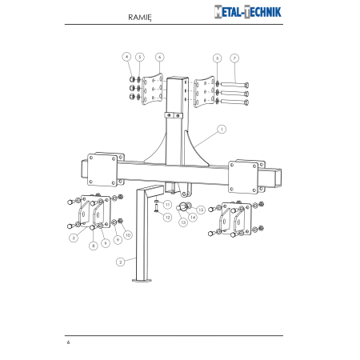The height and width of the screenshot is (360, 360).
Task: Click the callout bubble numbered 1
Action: coord(222,130)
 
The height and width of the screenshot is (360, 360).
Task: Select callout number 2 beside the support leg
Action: coord(120,262)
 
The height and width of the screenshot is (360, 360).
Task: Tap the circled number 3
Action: coord(74,238)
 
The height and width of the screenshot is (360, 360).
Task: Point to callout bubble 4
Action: coord(126,57)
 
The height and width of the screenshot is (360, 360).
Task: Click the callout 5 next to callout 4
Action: coord(140,57)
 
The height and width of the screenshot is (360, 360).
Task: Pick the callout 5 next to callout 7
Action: coord(217,58)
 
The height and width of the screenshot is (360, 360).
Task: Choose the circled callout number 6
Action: coord(160,57)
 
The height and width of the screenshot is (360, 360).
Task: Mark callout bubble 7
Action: coord(234,58)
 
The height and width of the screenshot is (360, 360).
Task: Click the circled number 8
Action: coord(93,246)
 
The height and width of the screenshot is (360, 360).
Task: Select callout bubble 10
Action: coord(128,235)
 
